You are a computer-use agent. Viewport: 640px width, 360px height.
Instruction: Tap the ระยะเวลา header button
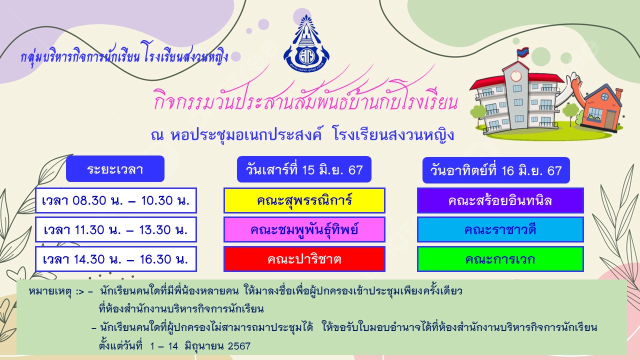(115, 169)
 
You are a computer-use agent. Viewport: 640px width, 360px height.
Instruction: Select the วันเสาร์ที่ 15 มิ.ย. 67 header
(304, 169)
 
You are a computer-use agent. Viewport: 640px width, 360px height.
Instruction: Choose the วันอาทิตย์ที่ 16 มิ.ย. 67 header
(496, 170)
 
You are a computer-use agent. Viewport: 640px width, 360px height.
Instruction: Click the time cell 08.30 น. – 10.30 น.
(116, 200)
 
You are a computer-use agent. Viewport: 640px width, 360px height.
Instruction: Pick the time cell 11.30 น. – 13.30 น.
(116, 229)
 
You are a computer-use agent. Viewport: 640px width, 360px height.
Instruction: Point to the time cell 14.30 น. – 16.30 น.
(116, 259)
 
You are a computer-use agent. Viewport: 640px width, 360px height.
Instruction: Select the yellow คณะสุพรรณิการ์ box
(304, 200)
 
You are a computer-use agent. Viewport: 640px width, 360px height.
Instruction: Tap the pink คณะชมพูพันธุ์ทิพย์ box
(304, 229)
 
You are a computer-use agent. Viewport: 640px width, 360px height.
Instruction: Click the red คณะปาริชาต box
(304, 259)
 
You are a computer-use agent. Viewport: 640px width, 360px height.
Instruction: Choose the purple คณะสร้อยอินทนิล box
(500, 200)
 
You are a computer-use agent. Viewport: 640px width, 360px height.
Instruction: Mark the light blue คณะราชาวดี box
(500, 229)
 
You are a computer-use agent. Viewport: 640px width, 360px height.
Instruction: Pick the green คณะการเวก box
(500, 259)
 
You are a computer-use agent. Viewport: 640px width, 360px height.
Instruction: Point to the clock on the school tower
(516, 76)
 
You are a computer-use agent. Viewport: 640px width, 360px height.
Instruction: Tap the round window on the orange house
(605, 96)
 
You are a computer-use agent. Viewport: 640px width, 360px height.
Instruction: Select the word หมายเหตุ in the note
(49, 291)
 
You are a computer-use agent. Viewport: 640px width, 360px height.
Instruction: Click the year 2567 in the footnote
(239, 346)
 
